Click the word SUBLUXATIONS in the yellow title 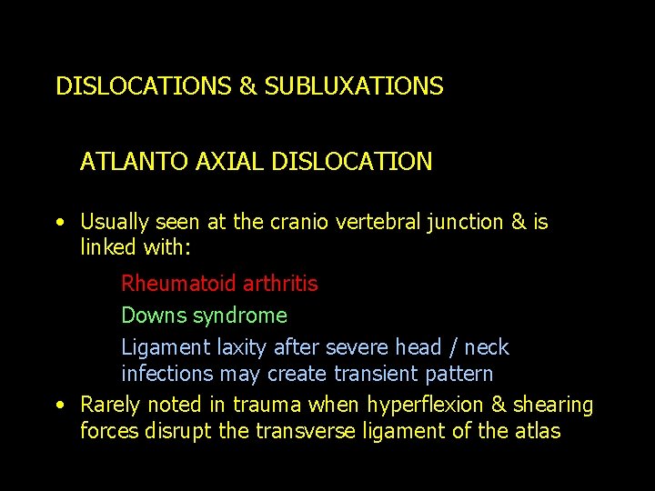tap(354, 86)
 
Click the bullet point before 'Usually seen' tap(59, 222)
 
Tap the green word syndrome tap(245, 316)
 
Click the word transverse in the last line tap(299, 430)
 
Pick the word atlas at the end tap(537, 430)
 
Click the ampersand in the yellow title tap(247, 86)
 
